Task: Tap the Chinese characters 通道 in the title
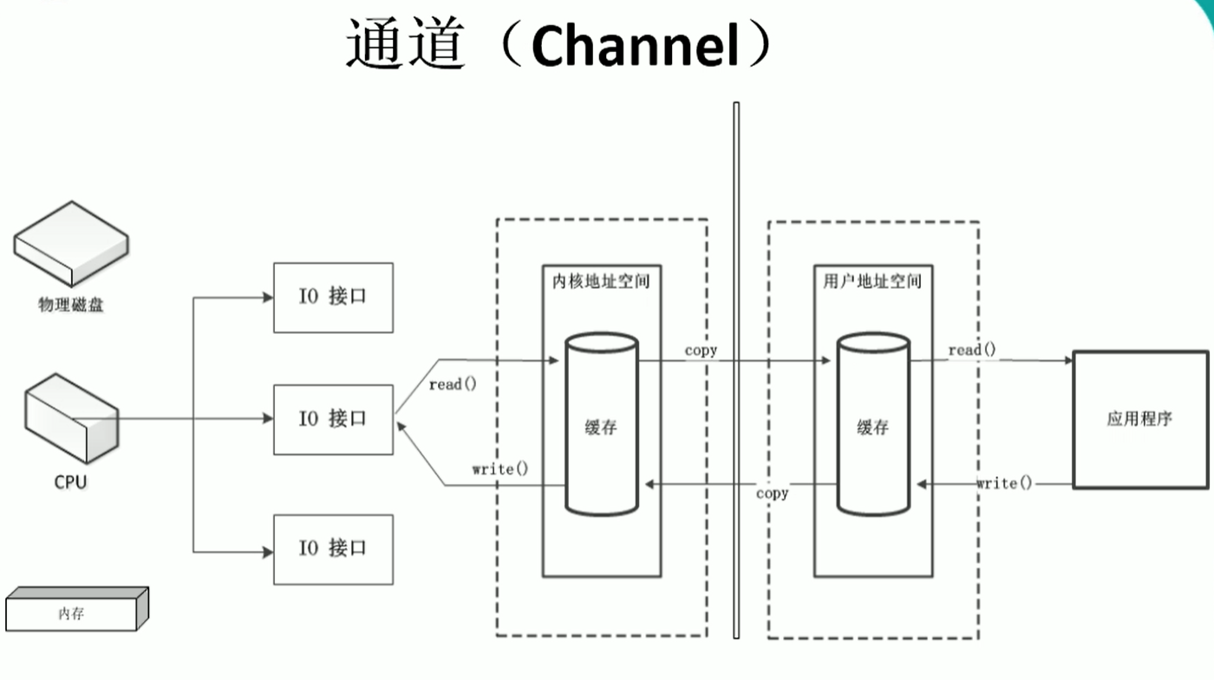[x=403, y=45]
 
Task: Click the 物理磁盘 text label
[x=71, y=304]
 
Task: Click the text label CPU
[x=70, y=483]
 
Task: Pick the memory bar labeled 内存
[x=76, y=610]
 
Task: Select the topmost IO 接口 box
[x=333, y=297]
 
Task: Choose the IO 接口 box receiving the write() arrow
[x=333, y=420]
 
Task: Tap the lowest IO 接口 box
[x=333, y=549]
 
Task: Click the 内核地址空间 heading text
[x=601, y=282]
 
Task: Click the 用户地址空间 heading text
[x=872, y=282]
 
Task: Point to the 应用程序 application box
[x=1139, y=420]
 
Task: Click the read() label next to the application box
[x=972, y=350]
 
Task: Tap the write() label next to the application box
[x=1004, y=483]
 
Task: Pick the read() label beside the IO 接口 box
[x=453, y=384]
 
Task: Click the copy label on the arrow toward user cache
[x=701, y=350]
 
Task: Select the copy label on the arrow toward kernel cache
[x=772, y=494]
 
